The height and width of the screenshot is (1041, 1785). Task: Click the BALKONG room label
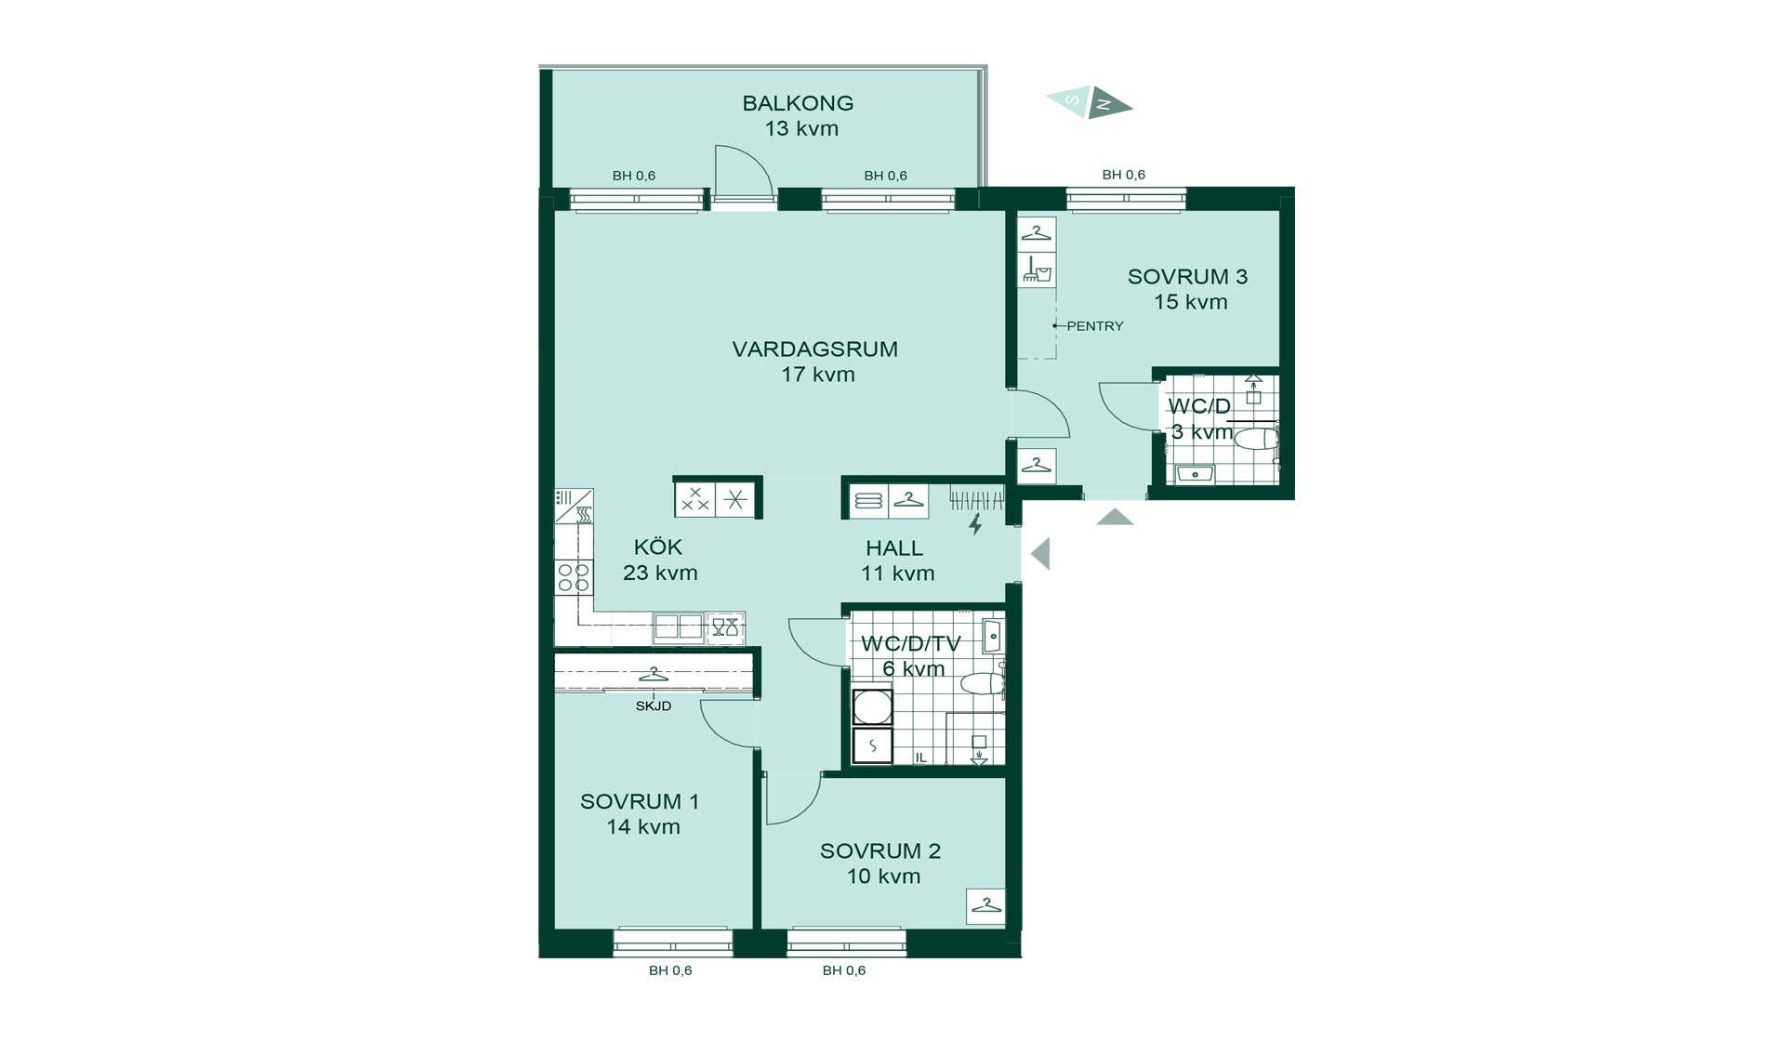798,103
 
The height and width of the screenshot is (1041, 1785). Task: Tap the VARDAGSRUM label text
814,349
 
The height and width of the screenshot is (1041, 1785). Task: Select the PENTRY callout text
1095,326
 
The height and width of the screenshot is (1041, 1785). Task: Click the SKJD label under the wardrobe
654,706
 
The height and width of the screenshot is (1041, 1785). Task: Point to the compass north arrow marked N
1111,102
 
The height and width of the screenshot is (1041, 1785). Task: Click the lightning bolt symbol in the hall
975,524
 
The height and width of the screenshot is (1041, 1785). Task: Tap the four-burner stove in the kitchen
574,577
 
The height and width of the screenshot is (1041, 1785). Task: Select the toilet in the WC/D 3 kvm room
1257,439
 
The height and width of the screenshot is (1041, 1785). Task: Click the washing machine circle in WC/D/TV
873,707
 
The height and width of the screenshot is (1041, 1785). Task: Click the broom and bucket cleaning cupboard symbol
1037,270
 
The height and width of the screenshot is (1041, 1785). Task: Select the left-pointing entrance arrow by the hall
1040,554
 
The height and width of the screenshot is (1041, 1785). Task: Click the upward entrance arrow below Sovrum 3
1115,517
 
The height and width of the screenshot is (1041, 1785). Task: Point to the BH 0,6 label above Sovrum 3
1123,175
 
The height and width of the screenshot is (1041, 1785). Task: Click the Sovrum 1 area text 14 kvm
643,827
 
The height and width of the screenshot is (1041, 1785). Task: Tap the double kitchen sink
678,627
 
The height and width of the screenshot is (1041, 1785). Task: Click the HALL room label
894,548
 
